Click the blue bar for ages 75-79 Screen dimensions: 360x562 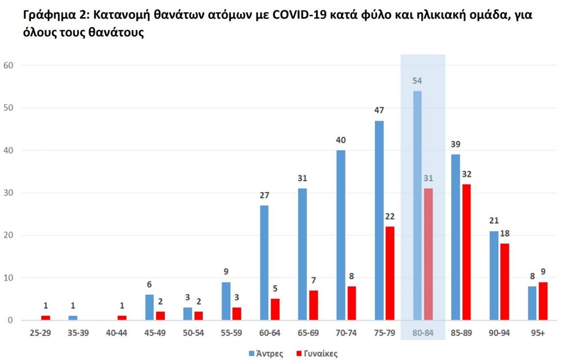pyautogui.click(x=379, y=220)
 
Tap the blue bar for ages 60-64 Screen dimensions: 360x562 pyautogui.click(x=264, y=263)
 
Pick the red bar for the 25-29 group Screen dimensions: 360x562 pyautogui.click(x=45, y=318)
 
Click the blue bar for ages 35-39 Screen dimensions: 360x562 pyautogui.click(x=73, y=318)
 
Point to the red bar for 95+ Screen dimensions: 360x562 pyautogui.click(x=543, y=301)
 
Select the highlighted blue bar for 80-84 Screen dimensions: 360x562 pyautogui.click(x=417, y=205)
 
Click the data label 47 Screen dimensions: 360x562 pyautogui.click(x=379, y=110)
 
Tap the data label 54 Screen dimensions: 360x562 pyautogui.click(x=417, y=80)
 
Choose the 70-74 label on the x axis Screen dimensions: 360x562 pyautogui.click(x=346, y=333)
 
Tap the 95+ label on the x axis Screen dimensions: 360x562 pyautogui.click(x=537, y=333)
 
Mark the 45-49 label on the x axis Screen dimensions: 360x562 pyautogui.click(x=155, y=333)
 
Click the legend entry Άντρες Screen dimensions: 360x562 pyautogui.click(x=267, y=353)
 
